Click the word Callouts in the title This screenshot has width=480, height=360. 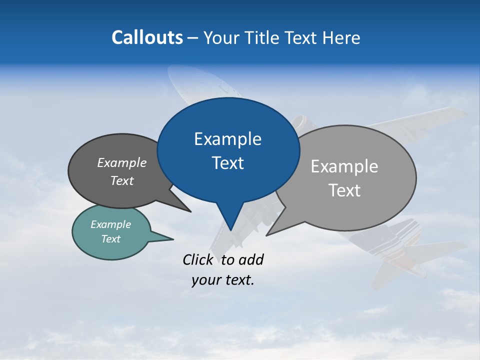(x=147, y=37)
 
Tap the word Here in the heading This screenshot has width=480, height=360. (x=342, y=38)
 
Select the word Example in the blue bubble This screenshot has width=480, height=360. (x=227, y=139)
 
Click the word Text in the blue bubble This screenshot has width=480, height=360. (x=227, y=163)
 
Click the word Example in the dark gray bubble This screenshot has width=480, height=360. (x=122, y=163)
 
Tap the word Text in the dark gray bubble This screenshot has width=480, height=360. (x=122, y=181)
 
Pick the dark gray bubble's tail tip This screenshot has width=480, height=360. (x=190, y=211)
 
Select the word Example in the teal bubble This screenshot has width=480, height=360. (x=110, y=224)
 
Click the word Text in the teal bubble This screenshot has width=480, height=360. (x=110, y=239)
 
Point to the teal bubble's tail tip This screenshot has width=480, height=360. (x=173, y=239)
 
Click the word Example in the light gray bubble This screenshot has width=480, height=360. (x=344, y=166)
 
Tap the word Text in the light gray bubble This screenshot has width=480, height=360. (x=344, y=190)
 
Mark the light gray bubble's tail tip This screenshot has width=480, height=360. (x=266, y=235)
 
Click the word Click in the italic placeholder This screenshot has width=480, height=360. (x=197, y=259)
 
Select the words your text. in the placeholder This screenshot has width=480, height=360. (x=223, y=280)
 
